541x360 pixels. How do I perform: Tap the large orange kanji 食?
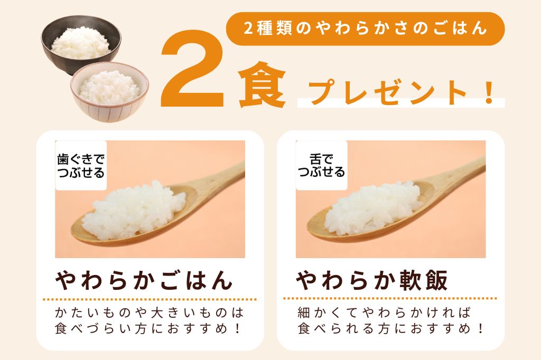pos(262,84)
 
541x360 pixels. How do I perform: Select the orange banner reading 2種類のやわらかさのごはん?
pos(365,29)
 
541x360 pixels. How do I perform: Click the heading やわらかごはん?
pos(144,280)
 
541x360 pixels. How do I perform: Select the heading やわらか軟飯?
pos(372,280)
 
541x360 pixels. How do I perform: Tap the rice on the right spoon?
pos(372,207)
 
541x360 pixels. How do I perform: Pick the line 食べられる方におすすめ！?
pos(391,328)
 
